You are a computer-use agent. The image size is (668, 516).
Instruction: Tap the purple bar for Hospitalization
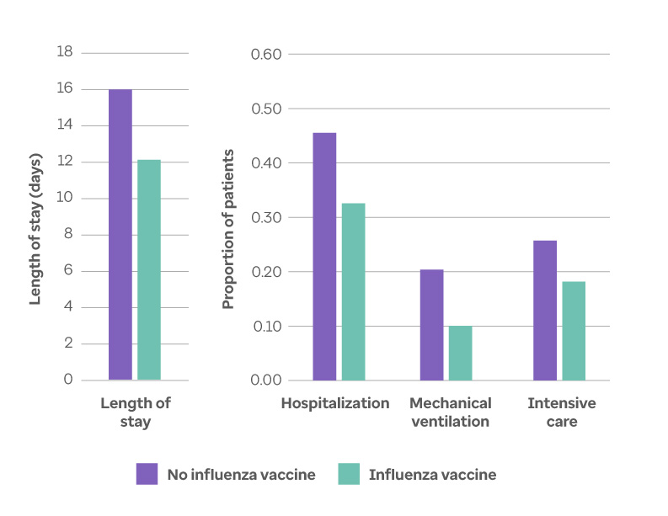tap(324, 256)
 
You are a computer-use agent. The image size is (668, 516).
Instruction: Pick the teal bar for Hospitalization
tap(353, 291)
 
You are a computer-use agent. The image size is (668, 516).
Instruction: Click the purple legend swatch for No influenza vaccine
tap(147, 474)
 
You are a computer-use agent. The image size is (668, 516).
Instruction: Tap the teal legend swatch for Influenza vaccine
tap(349, 474)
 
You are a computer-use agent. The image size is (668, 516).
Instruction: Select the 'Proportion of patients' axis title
tap(228, 229)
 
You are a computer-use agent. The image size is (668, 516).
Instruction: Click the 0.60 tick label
tap(266, 55)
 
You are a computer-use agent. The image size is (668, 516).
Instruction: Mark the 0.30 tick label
tap(266, 217)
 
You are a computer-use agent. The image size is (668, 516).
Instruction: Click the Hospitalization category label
tap(335, 403)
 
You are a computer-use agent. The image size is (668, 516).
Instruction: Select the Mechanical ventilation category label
tap(450, 412)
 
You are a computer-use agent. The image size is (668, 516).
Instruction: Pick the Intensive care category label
tap(561, 412)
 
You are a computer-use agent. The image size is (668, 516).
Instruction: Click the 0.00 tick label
tap(266, 380)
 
